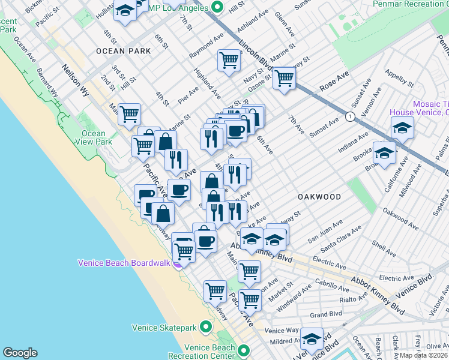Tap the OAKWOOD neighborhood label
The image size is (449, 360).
319,197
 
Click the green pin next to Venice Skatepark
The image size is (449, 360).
205,327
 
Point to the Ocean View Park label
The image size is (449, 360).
94,137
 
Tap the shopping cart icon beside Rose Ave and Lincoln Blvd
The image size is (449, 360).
284,77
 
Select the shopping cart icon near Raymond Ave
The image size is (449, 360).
229,59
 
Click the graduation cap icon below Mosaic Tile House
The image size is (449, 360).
402,127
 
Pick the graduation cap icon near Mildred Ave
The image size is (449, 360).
312,339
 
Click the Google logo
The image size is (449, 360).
20,353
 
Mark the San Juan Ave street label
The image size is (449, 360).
325,231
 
